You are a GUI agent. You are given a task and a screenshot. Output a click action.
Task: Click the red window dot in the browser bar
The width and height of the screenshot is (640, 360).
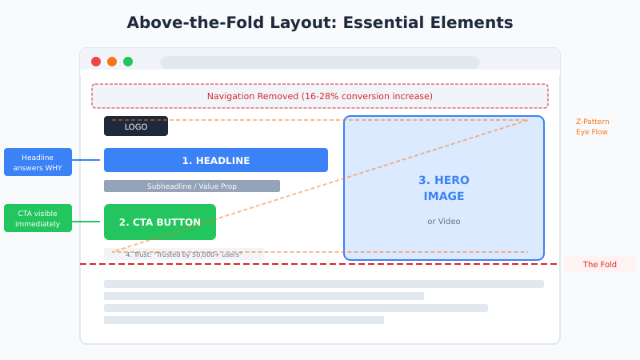(96, 62)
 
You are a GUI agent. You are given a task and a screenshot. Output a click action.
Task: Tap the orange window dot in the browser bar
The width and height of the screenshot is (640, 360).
(112, 62)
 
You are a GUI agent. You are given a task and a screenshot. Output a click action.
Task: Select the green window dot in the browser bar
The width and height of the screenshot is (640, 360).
(128, 62)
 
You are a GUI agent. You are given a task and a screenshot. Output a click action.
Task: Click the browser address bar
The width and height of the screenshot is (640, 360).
(320, 62)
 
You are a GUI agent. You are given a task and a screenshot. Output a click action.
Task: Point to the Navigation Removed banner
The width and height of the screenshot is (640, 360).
(320, 96)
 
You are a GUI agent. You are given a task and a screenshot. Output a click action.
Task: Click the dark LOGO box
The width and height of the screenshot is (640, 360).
(136, 126)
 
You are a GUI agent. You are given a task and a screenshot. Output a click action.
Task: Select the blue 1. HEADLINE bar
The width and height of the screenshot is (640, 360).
(216, 160)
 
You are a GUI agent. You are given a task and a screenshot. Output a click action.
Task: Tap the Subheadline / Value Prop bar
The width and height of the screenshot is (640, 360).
(192, 186)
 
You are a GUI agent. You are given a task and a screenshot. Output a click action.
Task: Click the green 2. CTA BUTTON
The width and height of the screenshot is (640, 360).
(160, 222)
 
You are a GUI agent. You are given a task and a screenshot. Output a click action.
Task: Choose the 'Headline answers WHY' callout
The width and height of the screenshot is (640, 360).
(38, 162)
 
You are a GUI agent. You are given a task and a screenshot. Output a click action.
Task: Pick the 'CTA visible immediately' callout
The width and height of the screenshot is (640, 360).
(38, 218)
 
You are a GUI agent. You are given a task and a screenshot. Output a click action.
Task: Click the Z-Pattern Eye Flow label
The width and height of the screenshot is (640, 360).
(592, 126)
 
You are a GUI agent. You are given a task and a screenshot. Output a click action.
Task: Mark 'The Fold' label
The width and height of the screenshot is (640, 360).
(599, 264)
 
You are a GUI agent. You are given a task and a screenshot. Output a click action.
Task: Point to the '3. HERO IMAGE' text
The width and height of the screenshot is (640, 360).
(444, 188)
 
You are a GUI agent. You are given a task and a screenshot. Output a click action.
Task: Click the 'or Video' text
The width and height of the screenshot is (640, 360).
(444, 221)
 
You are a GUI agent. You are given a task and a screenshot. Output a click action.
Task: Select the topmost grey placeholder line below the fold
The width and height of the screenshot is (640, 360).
(324, 284)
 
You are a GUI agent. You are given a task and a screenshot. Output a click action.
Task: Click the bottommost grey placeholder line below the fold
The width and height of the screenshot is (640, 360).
(244, 320)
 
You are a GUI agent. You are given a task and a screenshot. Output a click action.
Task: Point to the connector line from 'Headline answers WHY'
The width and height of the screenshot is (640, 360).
(88, 160)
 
